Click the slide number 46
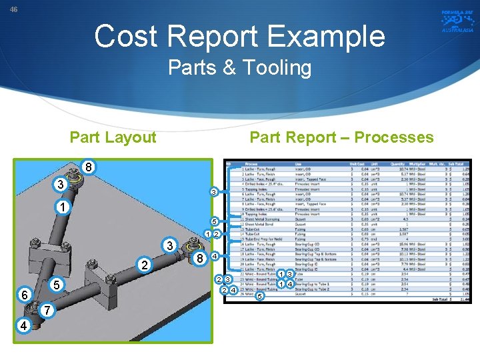pyautogui.click(x=13, y=9)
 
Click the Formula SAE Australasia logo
pyautogui.click(x=457, y=21)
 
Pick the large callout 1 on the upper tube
pyautogui.click(x=61, y=207)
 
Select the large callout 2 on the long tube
pyautogui.click(x=145, y=265)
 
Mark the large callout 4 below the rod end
pyautogui.click(x=24, y=326)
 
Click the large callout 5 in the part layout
pyautogui.click(x=57, y=285)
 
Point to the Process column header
pyautogui.click(x=251, y=163)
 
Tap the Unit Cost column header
pyautogui.click(x=357, y=163)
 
